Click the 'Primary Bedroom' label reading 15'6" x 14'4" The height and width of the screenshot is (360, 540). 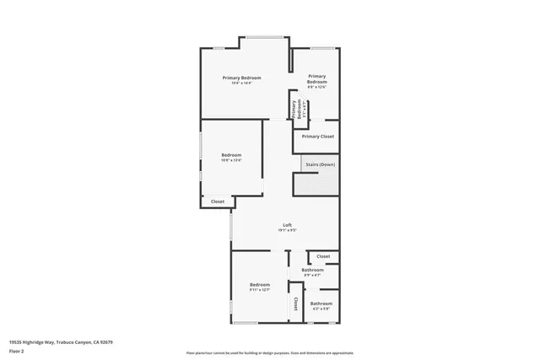pos(241,78)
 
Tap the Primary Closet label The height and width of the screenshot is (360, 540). pos(318,136)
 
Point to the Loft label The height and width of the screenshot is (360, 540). pos(287,224)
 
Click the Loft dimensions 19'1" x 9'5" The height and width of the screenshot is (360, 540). pos(287,230)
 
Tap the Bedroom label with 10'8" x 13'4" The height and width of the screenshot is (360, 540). pos(232,154)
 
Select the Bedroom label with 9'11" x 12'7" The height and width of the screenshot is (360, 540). pos(260,285)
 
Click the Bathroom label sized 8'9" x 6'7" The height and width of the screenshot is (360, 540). pos(313,270)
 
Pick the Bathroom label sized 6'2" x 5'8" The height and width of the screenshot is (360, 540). pos(321,304)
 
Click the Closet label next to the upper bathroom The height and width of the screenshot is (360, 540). pos(323,256)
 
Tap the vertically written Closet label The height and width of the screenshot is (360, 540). pos(295,303)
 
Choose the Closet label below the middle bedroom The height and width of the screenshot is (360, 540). pos(218,201)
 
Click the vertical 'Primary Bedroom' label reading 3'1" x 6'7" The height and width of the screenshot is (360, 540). pos(296,109)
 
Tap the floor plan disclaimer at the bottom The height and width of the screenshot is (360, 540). pos(270,352)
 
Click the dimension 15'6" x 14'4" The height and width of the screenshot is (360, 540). pos(241,83)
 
